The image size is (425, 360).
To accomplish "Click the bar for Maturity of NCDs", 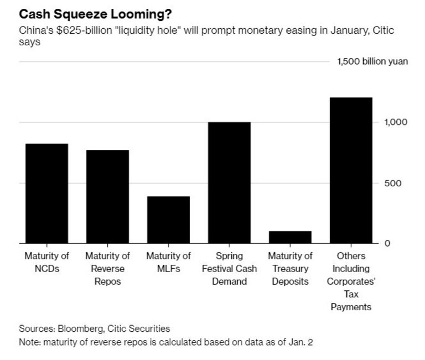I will tap(46, 194).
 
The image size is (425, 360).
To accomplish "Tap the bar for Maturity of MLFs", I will tap(168, 220).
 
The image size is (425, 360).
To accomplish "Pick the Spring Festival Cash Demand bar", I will tap(229, 182).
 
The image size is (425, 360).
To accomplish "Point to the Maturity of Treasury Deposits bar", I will tap(290, 237).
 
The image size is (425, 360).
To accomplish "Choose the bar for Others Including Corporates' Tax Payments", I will tap(351, 170).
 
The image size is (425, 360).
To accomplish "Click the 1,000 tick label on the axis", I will tap(396, 122).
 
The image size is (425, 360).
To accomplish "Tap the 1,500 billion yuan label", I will tap(372, 61).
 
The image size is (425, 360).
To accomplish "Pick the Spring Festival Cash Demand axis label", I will tap(229, 269).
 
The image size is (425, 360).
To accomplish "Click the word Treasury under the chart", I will tap(290, 269).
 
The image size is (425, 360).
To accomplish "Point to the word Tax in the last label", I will tap(351, 294).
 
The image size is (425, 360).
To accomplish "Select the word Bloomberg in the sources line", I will tap(75, 328).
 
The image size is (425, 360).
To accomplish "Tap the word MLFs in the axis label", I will tap(168, 269).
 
